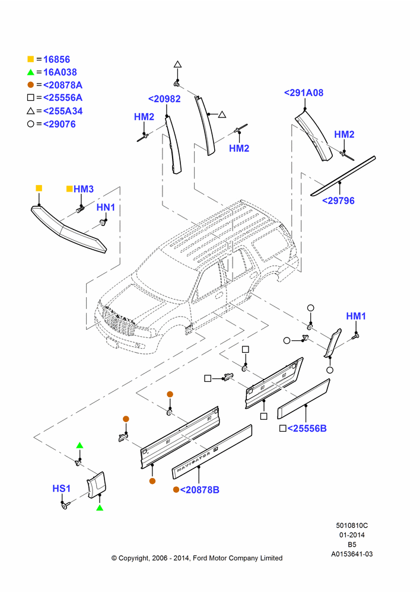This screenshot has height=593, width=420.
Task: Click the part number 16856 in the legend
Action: click(x=56, y=59)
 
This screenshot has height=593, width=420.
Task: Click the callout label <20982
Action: click(x=164, y=98)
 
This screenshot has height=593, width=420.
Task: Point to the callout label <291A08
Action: click(x=304, y=93)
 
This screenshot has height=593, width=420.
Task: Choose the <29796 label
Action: click(x=338, y=201)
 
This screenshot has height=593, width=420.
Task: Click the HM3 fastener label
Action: click(x=84, y=189)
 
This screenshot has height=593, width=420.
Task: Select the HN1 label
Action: click(x=106, y=207)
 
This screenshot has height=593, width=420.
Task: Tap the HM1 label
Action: click(x=356, y=316)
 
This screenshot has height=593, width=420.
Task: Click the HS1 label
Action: click(x=61, y=489)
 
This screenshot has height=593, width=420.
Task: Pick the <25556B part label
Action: click(x=307, y=429)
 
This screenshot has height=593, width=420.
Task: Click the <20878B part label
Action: click(x=199, y=490)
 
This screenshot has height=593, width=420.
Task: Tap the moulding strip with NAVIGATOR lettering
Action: click(x=212, y=451)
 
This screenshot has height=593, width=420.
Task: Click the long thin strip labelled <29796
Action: click(x=343, y=176)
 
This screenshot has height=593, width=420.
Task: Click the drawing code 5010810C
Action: click(x=352, y=525)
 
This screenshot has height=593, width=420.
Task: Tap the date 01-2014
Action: click(x=352, y=535)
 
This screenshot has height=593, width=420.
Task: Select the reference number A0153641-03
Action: click(x=352, y=554)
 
